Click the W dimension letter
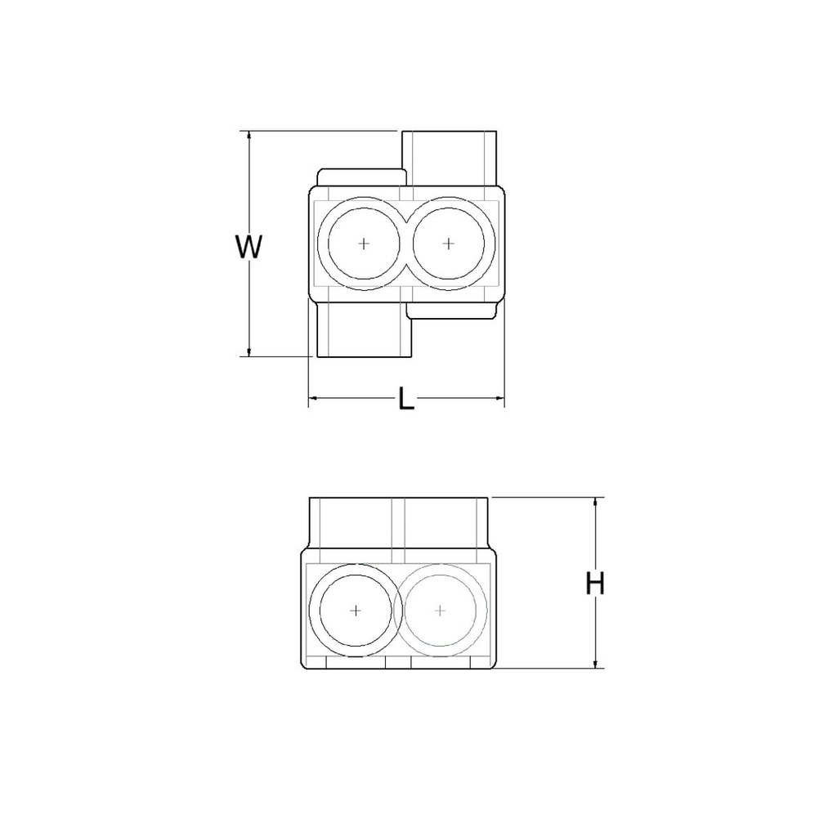coord(248,246)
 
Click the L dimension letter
coord(406,400)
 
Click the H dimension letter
coord(596,584)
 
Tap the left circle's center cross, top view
coord(364,244)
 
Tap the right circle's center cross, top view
coord(448,244)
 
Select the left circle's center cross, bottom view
coord(355,610)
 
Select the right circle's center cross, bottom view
coord(441,610)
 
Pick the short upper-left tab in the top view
coord(360,177)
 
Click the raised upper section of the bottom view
coord(398,523)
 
